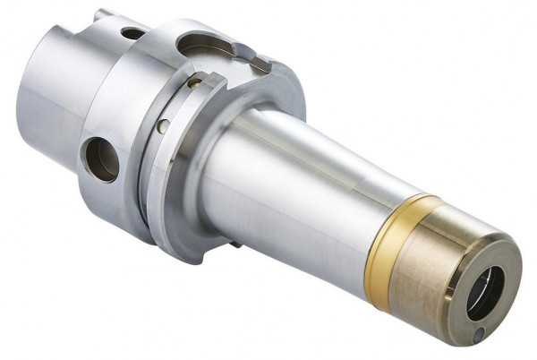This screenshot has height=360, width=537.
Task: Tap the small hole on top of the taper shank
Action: [132, 34]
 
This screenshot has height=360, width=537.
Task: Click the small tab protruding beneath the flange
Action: [234, 244]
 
